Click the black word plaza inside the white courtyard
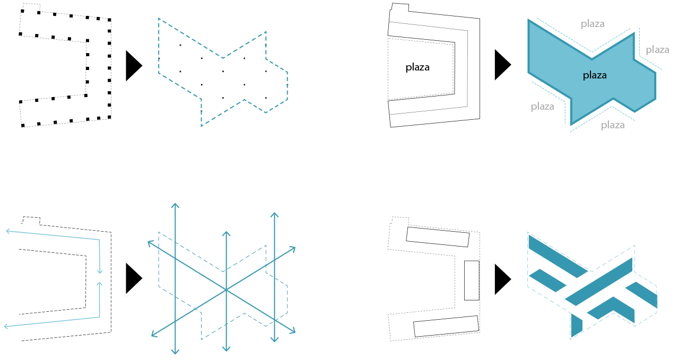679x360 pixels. pyautogui.click(x=417, y=67)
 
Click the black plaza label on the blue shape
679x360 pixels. pyautogui.click(x=595, y=75)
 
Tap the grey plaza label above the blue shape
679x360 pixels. pyautogui.click(x=593, y=24)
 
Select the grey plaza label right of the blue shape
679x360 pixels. pyautogui.click(x=657, y=50)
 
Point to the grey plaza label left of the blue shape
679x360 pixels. pyautogui.click(x=543, y=107)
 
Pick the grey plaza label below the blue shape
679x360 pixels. pyautogui.click(x=613, y=125)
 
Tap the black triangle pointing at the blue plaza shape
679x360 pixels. pyautogui.click(x=503, y=65)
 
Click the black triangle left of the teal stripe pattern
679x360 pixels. pyautogui.click(x=503, y=279)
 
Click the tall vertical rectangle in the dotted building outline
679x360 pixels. pyautogui.click(x=472, y=280)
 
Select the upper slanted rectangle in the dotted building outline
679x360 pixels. pyautogui.click(x=438, y=237)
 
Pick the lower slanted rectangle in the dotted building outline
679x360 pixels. pyautogui.click(x=446, y=326)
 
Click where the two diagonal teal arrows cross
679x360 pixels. pyautogui.click(x=226, y=290)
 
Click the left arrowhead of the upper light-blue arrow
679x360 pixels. pyautogui.click(x=7, y=232)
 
